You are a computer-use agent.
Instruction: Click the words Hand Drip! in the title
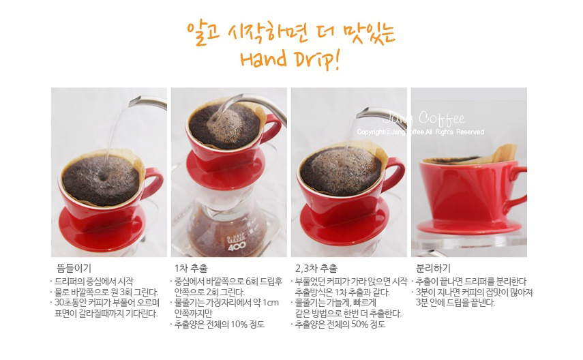(x=290, y=59)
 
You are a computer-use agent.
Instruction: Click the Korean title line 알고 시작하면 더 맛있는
(x=291, y=31)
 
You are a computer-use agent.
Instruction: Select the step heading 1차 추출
(x=192, y=268)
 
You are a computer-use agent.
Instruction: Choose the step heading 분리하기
(x=433, y=268)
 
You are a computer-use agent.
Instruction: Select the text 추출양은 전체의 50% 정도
(x=340, y=324)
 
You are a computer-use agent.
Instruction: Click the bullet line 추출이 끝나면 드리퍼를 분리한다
(x=470, y=281)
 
